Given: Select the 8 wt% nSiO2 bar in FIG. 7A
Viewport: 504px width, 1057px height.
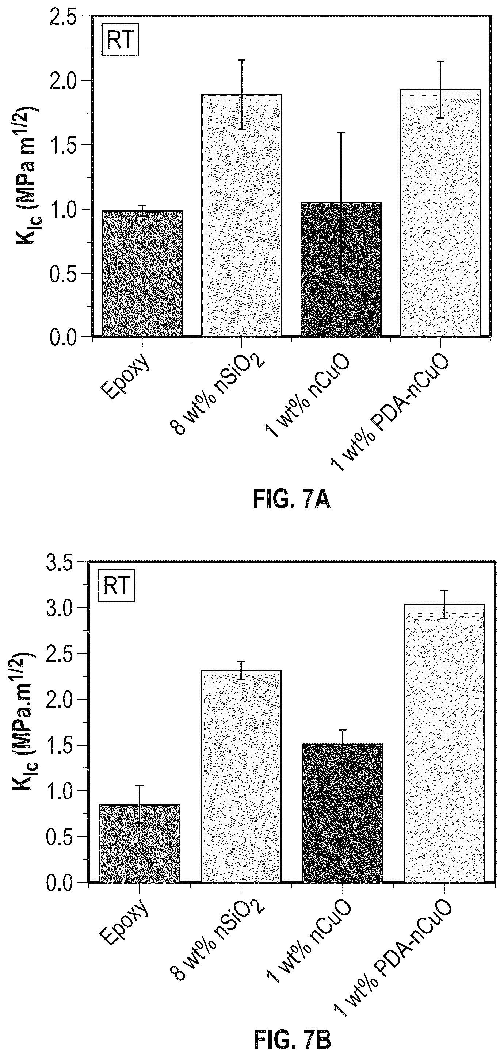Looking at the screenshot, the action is click(241, 216).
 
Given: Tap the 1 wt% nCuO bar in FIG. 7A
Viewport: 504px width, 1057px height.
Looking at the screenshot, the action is click(341, 269).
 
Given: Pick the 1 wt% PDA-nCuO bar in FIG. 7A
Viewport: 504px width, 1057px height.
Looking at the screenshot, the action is click(440, 213).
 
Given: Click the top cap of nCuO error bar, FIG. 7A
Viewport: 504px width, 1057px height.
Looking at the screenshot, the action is click(341, 132).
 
